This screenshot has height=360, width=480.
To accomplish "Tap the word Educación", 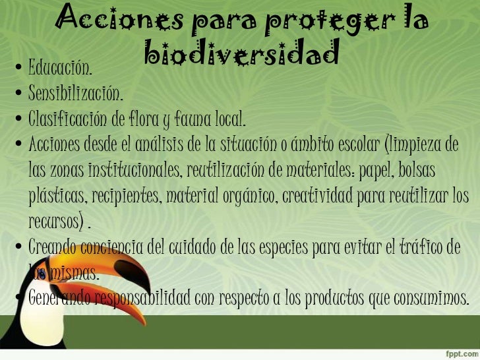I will coord(60,67).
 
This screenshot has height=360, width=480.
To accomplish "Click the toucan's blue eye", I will coord(42,272).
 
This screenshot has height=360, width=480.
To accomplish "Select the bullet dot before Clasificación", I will coord(19,120).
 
